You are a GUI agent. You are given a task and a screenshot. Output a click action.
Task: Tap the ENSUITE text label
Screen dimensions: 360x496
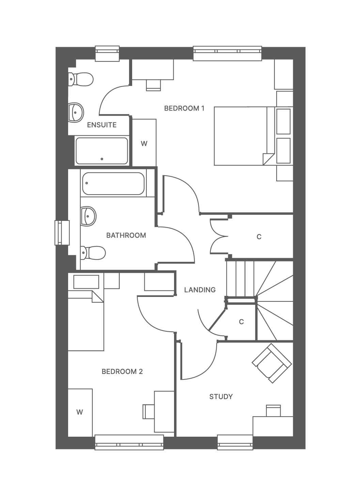[102, 125]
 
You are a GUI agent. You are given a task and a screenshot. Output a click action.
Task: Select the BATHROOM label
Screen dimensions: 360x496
[126, 235]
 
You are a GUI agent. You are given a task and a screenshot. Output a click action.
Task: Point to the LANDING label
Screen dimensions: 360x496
[200, 290]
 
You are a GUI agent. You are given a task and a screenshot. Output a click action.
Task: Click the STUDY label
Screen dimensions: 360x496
[221, 396]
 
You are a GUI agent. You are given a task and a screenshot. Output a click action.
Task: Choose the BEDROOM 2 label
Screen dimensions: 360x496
[122, 371]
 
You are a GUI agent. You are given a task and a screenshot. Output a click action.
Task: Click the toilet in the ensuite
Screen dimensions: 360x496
[81, 79]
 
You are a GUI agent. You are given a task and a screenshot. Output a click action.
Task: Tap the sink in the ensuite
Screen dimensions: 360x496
[76, 112]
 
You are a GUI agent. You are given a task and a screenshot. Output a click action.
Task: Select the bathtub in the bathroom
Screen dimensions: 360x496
[113, 183]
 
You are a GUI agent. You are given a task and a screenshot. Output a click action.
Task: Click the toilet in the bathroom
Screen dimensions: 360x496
[93, 253]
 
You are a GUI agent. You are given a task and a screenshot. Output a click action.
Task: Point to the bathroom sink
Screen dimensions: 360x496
[88, 216]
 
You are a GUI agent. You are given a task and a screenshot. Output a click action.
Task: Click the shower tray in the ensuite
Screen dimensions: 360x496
[102, 151]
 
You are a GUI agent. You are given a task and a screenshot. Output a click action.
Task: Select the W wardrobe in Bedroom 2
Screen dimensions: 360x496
[80, 412]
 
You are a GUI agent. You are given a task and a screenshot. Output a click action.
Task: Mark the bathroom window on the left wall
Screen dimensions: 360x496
[62, 233]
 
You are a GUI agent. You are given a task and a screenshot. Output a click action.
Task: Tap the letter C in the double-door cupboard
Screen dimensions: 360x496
[259, 237]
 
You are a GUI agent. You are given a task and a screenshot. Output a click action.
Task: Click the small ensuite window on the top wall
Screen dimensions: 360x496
[107, 54]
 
